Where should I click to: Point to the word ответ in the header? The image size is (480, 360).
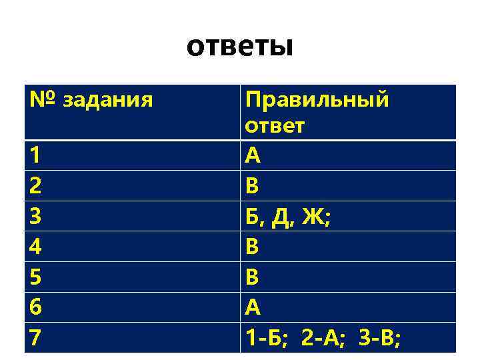coord(275,126)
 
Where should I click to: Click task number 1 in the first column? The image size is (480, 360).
coord(35,155)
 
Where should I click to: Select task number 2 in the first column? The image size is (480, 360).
coord(35,186)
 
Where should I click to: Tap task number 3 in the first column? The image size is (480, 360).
coord(35,216)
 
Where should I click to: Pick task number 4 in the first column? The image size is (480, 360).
coord(35,247)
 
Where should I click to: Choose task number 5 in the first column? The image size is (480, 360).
coord(35,277)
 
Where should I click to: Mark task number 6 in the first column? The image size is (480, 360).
coord(35,307)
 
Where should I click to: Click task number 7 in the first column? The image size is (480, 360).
coord(35,338)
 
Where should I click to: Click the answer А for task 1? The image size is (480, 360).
coord(253,155)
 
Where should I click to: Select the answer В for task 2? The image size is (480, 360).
coord(252,186)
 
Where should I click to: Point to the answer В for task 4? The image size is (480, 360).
coord(252,247)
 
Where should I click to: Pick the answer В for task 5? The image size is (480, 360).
coord(252,277)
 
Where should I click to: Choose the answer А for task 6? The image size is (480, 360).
coord(253,307)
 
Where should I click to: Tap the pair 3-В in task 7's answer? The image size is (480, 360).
coord(377,339)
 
